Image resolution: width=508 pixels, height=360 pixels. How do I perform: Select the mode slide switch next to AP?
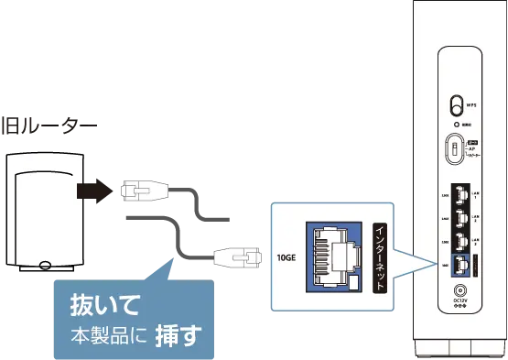[453, 147]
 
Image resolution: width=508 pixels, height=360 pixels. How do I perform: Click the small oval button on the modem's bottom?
[45, 267]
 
